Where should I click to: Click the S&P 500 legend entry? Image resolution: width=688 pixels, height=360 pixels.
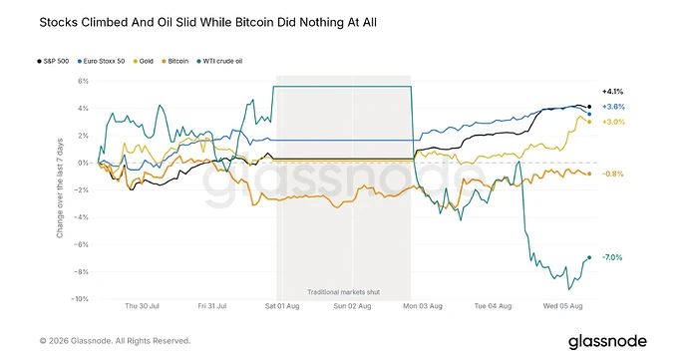(53, 61)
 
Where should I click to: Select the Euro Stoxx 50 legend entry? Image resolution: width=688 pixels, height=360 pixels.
(101, 61)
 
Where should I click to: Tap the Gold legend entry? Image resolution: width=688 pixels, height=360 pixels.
(143, 61)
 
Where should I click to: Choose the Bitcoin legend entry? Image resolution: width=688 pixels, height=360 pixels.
(175, 61)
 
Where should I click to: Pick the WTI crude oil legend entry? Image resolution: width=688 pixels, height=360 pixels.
(219, 61)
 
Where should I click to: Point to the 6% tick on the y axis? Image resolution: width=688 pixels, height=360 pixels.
(84, 81)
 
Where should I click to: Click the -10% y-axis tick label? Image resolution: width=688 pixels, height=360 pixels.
(80, 299)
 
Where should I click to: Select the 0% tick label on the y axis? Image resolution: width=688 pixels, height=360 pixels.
(84, 163)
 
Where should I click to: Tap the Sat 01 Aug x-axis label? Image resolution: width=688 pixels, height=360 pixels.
(282, 306)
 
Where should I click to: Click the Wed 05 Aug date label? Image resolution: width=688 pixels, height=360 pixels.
(563, 306)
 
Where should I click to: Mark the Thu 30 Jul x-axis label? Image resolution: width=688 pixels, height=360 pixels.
(142, 306)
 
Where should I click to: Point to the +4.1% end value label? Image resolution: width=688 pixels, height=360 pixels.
(612, 92)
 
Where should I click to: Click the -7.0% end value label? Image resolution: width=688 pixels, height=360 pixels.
(612, 257)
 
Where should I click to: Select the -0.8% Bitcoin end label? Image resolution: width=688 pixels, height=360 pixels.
(612, 174)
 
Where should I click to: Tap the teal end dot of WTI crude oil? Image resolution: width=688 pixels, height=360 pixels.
(589, 257)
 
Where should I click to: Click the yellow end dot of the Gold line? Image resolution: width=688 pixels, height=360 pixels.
(589, 122)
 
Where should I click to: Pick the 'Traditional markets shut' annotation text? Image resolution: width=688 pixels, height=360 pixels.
(344, 292)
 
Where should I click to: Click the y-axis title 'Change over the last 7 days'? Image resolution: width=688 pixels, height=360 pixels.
(60, 188)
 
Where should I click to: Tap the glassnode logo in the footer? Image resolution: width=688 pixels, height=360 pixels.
(607, 342)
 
